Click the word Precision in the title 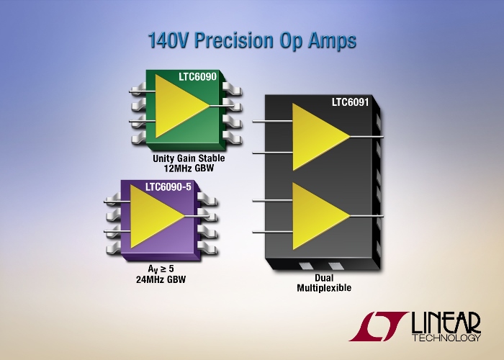click(x=234, y=40)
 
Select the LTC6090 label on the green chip click(x=198, y=77)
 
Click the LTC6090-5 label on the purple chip click(x=168, y=186)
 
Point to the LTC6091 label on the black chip click(x=351, y=102)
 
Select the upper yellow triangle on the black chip click(x=318, y=137)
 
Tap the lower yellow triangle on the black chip click(x=318, y=216)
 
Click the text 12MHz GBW click(x=189, y=168)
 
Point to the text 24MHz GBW click(x=161, y=279)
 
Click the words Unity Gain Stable click(x=189, y=158)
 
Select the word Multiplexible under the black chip click(x=324, y=288)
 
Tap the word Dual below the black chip click(x=324, y=278)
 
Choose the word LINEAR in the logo click(x=446, y=323)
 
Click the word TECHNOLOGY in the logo click(x=447, y=338)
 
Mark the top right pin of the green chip click(x=232, y=89)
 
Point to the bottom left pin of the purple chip click(x=114, y=248)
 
